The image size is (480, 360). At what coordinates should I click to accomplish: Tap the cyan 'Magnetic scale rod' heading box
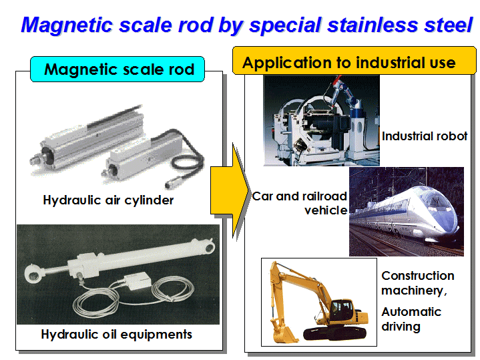(117, 69)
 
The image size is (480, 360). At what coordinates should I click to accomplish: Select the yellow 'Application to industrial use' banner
(354, 61)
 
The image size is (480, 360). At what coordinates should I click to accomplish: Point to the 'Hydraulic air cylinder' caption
(108, 200)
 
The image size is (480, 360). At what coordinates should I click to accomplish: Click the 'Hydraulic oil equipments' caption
(117, 334)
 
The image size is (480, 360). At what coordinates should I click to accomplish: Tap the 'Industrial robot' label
(425, 136)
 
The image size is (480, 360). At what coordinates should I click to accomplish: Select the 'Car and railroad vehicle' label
(300, 203)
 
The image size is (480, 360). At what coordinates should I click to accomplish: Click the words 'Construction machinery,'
(417, 283)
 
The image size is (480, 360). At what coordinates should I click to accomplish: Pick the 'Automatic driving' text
(411, 319)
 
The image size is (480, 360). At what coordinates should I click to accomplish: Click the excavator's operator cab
(343, 309)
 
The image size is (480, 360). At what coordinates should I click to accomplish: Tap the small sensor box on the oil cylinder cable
(137, 281)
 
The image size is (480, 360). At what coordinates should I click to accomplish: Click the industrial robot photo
(321, 121)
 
